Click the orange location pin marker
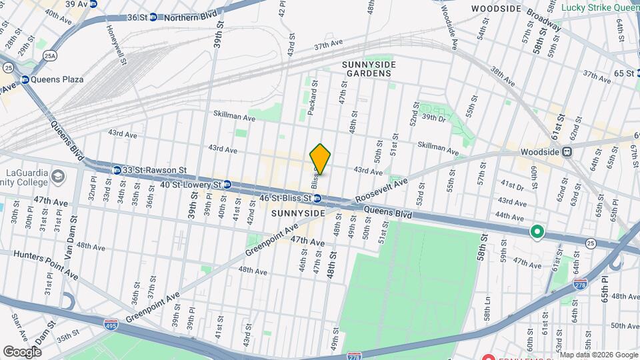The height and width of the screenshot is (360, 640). point(321,159)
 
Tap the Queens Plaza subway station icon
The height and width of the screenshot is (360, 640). point(25,79)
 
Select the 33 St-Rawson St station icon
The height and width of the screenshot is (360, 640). point(117,170)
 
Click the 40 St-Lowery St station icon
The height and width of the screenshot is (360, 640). point(227,184)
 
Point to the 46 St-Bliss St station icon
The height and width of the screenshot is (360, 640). point(318,198)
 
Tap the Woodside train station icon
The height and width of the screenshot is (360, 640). point(567,151)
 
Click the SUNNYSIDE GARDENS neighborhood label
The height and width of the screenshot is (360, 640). point(369,69)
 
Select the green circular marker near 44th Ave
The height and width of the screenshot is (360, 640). point(537,233)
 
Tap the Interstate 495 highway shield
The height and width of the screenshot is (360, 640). point(111,325)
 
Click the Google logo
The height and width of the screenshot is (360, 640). point(22,351)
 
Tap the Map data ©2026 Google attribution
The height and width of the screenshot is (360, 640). point(599,354)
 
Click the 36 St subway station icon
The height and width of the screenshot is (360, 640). point(153,17)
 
